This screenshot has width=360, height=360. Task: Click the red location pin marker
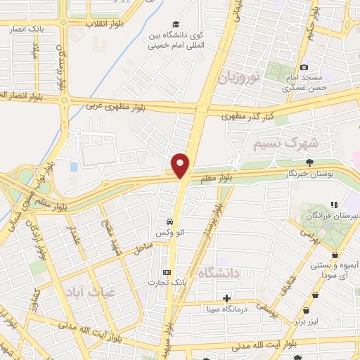coord(181,164)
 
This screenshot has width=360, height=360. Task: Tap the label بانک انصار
coord(26,29)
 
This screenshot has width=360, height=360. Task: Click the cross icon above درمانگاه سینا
coord(226,297)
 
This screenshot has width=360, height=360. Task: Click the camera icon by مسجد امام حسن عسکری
coord(304,66)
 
